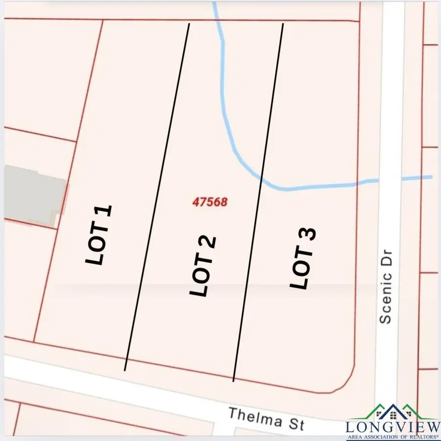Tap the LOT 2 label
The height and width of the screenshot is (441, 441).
tap(202, 266)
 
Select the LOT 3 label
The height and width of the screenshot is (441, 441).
tap(303, 258)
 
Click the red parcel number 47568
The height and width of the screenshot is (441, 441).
tap(210, 201)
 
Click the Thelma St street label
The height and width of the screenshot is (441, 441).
tap(266, 418)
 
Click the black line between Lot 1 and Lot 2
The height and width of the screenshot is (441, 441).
tap(157, 196)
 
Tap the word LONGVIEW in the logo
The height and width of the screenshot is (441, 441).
tap(392, 426)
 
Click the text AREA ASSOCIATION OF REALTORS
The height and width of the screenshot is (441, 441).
tap(392, 436)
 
